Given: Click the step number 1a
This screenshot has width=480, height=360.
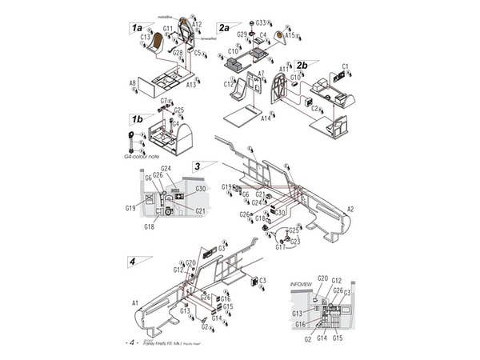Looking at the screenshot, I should tap(137, 27).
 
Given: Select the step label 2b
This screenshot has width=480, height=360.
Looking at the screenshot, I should tap(302, 65).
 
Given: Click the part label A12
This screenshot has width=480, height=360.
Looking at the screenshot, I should tap(197, 25).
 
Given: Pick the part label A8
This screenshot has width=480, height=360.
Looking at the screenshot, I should tap(133, 82).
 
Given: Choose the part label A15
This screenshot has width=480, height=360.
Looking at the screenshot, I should tap(290, 35).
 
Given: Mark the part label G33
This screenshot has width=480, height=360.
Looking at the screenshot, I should tap(261, 23).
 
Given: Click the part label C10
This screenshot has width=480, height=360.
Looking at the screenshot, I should tap(233, 51).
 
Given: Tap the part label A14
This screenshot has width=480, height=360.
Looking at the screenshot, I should tap(266, 118).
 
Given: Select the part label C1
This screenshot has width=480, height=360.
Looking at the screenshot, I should tap(346, 66).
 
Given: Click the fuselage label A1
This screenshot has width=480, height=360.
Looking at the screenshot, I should tap(135, 302).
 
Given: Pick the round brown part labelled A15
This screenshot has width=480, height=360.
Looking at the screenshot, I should tap(280, 34).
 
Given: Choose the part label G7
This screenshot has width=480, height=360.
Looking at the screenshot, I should tap(164, 101).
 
